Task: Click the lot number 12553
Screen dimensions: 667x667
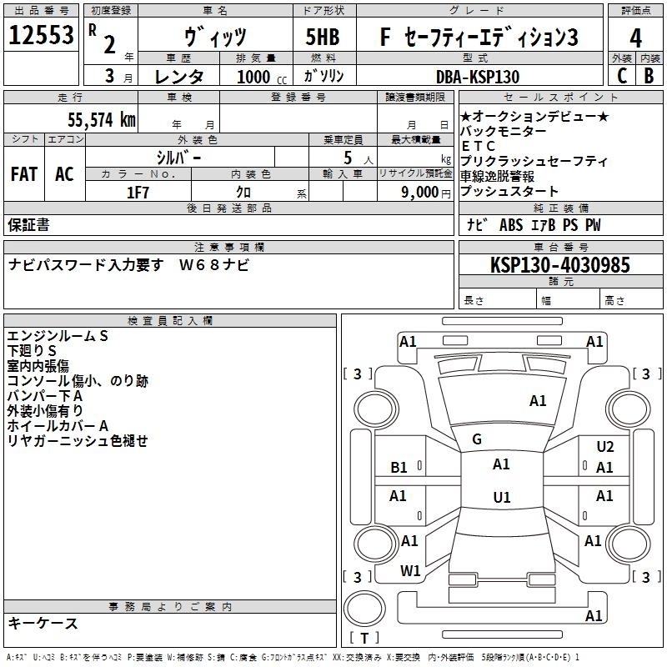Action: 41,35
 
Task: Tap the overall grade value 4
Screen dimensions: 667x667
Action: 635,38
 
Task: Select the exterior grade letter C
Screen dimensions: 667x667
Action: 622,76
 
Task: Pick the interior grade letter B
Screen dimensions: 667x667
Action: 649,76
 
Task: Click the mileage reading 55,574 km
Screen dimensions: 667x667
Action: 102,120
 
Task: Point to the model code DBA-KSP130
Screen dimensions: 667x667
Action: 478,77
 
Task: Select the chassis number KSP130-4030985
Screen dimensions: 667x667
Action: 559,265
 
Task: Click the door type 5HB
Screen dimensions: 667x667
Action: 323,37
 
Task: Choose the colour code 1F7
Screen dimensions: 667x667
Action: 138,193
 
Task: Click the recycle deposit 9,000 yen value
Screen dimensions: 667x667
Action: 426,193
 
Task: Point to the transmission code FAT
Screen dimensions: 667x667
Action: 24,174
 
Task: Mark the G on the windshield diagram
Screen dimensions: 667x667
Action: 477,439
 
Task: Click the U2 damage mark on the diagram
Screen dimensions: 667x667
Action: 605,446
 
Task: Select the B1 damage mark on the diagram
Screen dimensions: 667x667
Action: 399,468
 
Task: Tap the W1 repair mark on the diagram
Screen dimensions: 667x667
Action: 410,571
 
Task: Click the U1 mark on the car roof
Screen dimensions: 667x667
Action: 502,497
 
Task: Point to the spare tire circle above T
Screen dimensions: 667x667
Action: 364,608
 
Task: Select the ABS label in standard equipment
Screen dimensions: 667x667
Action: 511,225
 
